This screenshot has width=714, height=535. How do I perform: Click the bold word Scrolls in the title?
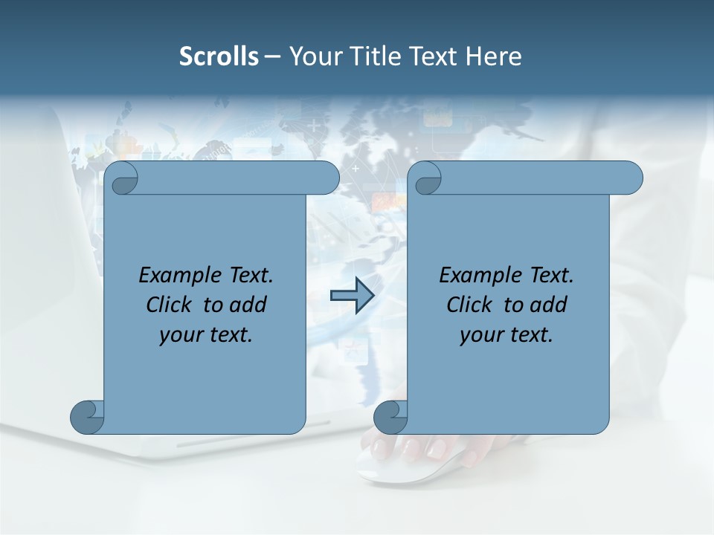point(219,56)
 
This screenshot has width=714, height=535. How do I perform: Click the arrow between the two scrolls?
point(352,296)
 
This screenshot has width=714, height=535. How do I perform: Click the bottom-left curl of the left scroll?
point(88,417)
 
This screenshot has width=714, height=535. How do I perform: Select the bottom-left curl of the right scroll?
point(391,417)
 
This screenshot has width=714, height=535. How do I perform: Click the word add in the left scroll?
point(248,305)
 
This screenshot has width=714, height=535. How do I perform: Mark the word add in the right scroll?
point(549,305)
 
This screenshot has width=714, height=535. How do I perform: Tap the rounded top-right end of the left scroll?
point(328,178)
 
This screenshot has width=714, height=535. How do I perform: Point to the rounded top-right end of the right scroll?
point(631,178)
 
